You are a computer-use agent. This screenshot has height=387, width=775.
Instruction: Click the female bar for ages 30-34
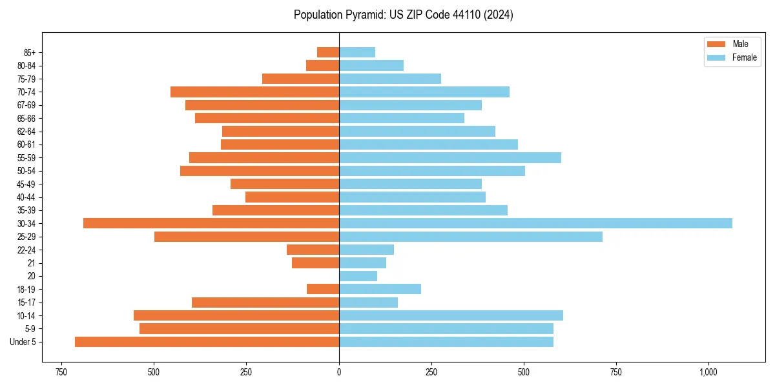(535, 223)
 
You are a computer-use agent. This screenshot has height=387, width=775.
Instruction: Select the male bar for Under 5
(207, 342)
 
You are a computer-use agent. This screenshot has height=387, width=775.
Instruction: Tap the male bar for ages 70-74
(254, 92)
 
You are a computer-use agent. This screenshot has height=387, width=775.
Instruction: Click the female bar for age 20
(358, 276)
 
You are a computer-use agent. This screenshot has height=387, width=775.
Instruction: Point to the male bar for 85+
(328, 52)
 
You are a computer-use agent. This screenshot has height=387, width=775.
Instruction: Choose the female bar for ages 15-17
(368, 303)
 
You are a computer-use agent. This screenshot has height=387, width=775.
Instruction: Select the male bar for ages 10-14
(236, 315)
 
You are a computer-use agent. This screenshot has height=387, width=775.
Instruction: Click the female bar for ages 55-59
(449, 157)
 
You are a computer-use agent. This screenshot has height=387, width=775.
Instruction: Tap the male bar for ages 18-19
(323, 289)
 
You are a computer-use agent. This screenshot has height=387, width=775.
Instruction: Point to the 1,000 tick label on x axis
(708, 372)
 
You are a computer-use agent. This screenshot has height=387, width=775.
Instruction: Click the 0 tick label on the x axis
(339, 372)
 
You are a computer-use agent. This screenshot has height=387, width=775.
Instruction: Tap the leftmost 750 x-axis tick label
(61, 372)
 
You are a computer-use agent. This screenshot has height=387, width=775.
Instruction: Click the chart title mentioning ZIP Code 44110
(403, 15)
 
